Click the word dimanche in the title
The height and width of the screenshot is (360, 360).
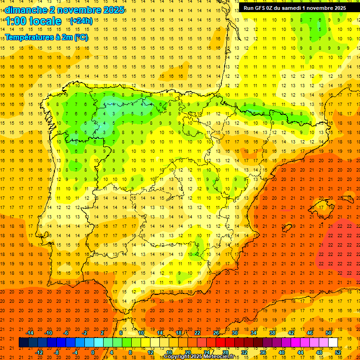point(26,10)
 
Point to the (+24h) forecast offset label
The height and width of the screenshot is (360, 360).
point(81,21)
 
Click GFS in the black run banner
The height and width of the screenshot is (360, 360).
point(261,7)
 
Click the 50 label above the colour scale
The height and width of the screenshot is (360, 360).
point(329,333)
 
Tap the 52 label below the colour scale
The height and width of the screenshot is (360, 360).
point(338,352)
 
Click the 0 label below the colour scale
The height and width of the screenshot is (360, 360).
point(93,352)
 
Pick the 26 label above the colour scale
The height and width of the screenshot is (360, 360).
point(216,333)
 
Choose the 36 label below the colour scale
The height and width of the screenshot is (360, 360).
point(263,352)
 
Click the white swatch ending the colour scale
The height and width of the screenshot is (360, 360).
point(333,343)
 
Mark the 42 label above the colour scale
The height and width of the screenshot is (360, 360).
point(291,333)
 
